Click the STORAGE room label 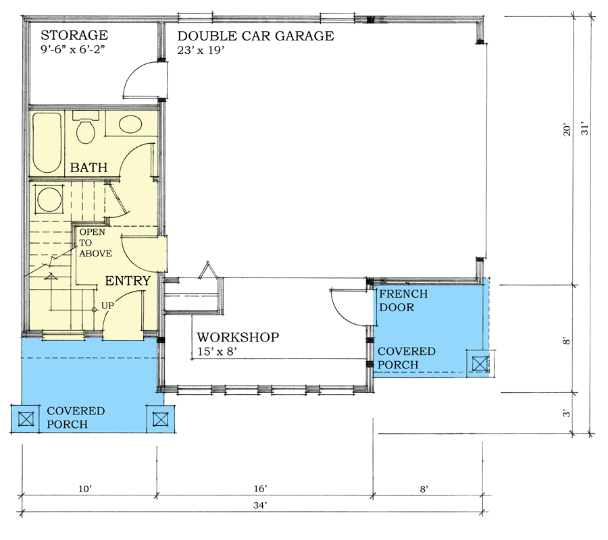click(74, 35)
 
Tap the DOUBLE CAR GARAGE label click(255, 36)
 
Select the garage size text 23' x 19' click(201, 51)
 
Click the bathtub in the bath click(47, 142)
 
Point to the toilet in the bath click(86, 127)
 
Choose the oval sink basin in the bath click(130, 124)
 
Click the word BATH click(88, 167)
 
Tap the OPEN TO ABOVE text click(95, 243)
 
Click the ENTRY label click(128, 280)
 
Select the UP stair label click(107, 306)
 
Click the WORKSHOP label click(238, 337)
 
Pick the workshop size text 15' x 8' click(217, 352)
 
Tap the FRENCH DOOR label click(403, 300)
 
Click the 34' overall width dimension click(261, 506)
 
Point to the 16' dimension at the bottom click(261, 489)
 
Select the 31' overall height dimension click(585, 129)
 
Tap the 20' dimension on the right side click(567, 130)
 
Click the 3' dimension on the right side click(567, 414)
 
